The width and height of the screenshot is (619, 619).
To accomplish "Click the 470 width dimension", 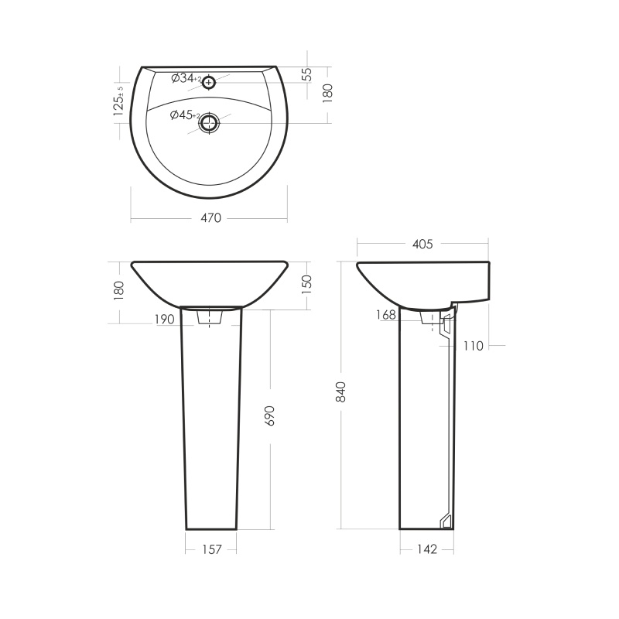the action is click(x=211, y=218).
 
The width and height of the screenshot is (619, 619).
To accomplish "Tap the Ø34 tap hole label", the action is click(x=186, y=79).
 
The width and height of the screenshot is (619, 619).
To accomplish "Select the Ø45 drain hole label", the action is click(x=185, y=115).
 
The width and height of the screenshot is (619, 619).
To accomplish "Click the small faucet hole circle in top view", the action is click(x=209, y=83).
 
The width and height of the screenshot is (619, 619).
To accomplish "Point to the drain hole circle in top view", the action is click(x=208, y=123).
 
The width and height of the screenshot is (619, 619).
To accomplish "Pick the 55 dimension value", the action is click(x=307, y=74).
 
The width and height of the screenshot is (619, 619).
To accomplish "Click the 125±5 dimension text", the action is click(x=118, y=101).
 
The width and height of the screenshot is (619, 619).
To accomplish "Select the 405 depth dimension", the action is click(x=422, y=245).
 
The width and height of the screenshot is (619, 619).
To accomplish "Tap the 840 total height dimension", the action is click(x=340, y=392).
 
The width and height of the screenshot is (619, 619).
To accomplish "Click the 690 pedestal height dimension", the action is click(x=270, y=416).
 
